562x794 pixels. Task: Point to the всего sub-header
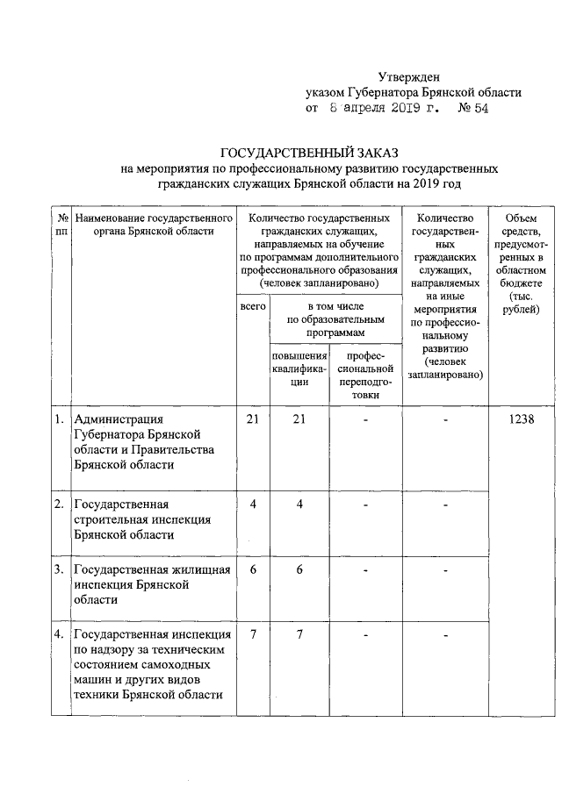[252, 310]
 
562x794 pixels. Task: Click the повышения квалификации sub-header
[299, 369]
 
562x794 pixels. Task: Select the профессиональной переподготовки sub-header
[364, 376]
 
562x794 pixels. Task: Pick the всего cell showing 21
[252, 420]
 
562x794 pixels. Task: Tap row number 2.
[58, 504]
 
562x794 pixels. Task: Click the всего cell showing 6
[252, 570]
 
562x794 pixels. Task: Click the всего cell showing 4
[252, 504]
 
